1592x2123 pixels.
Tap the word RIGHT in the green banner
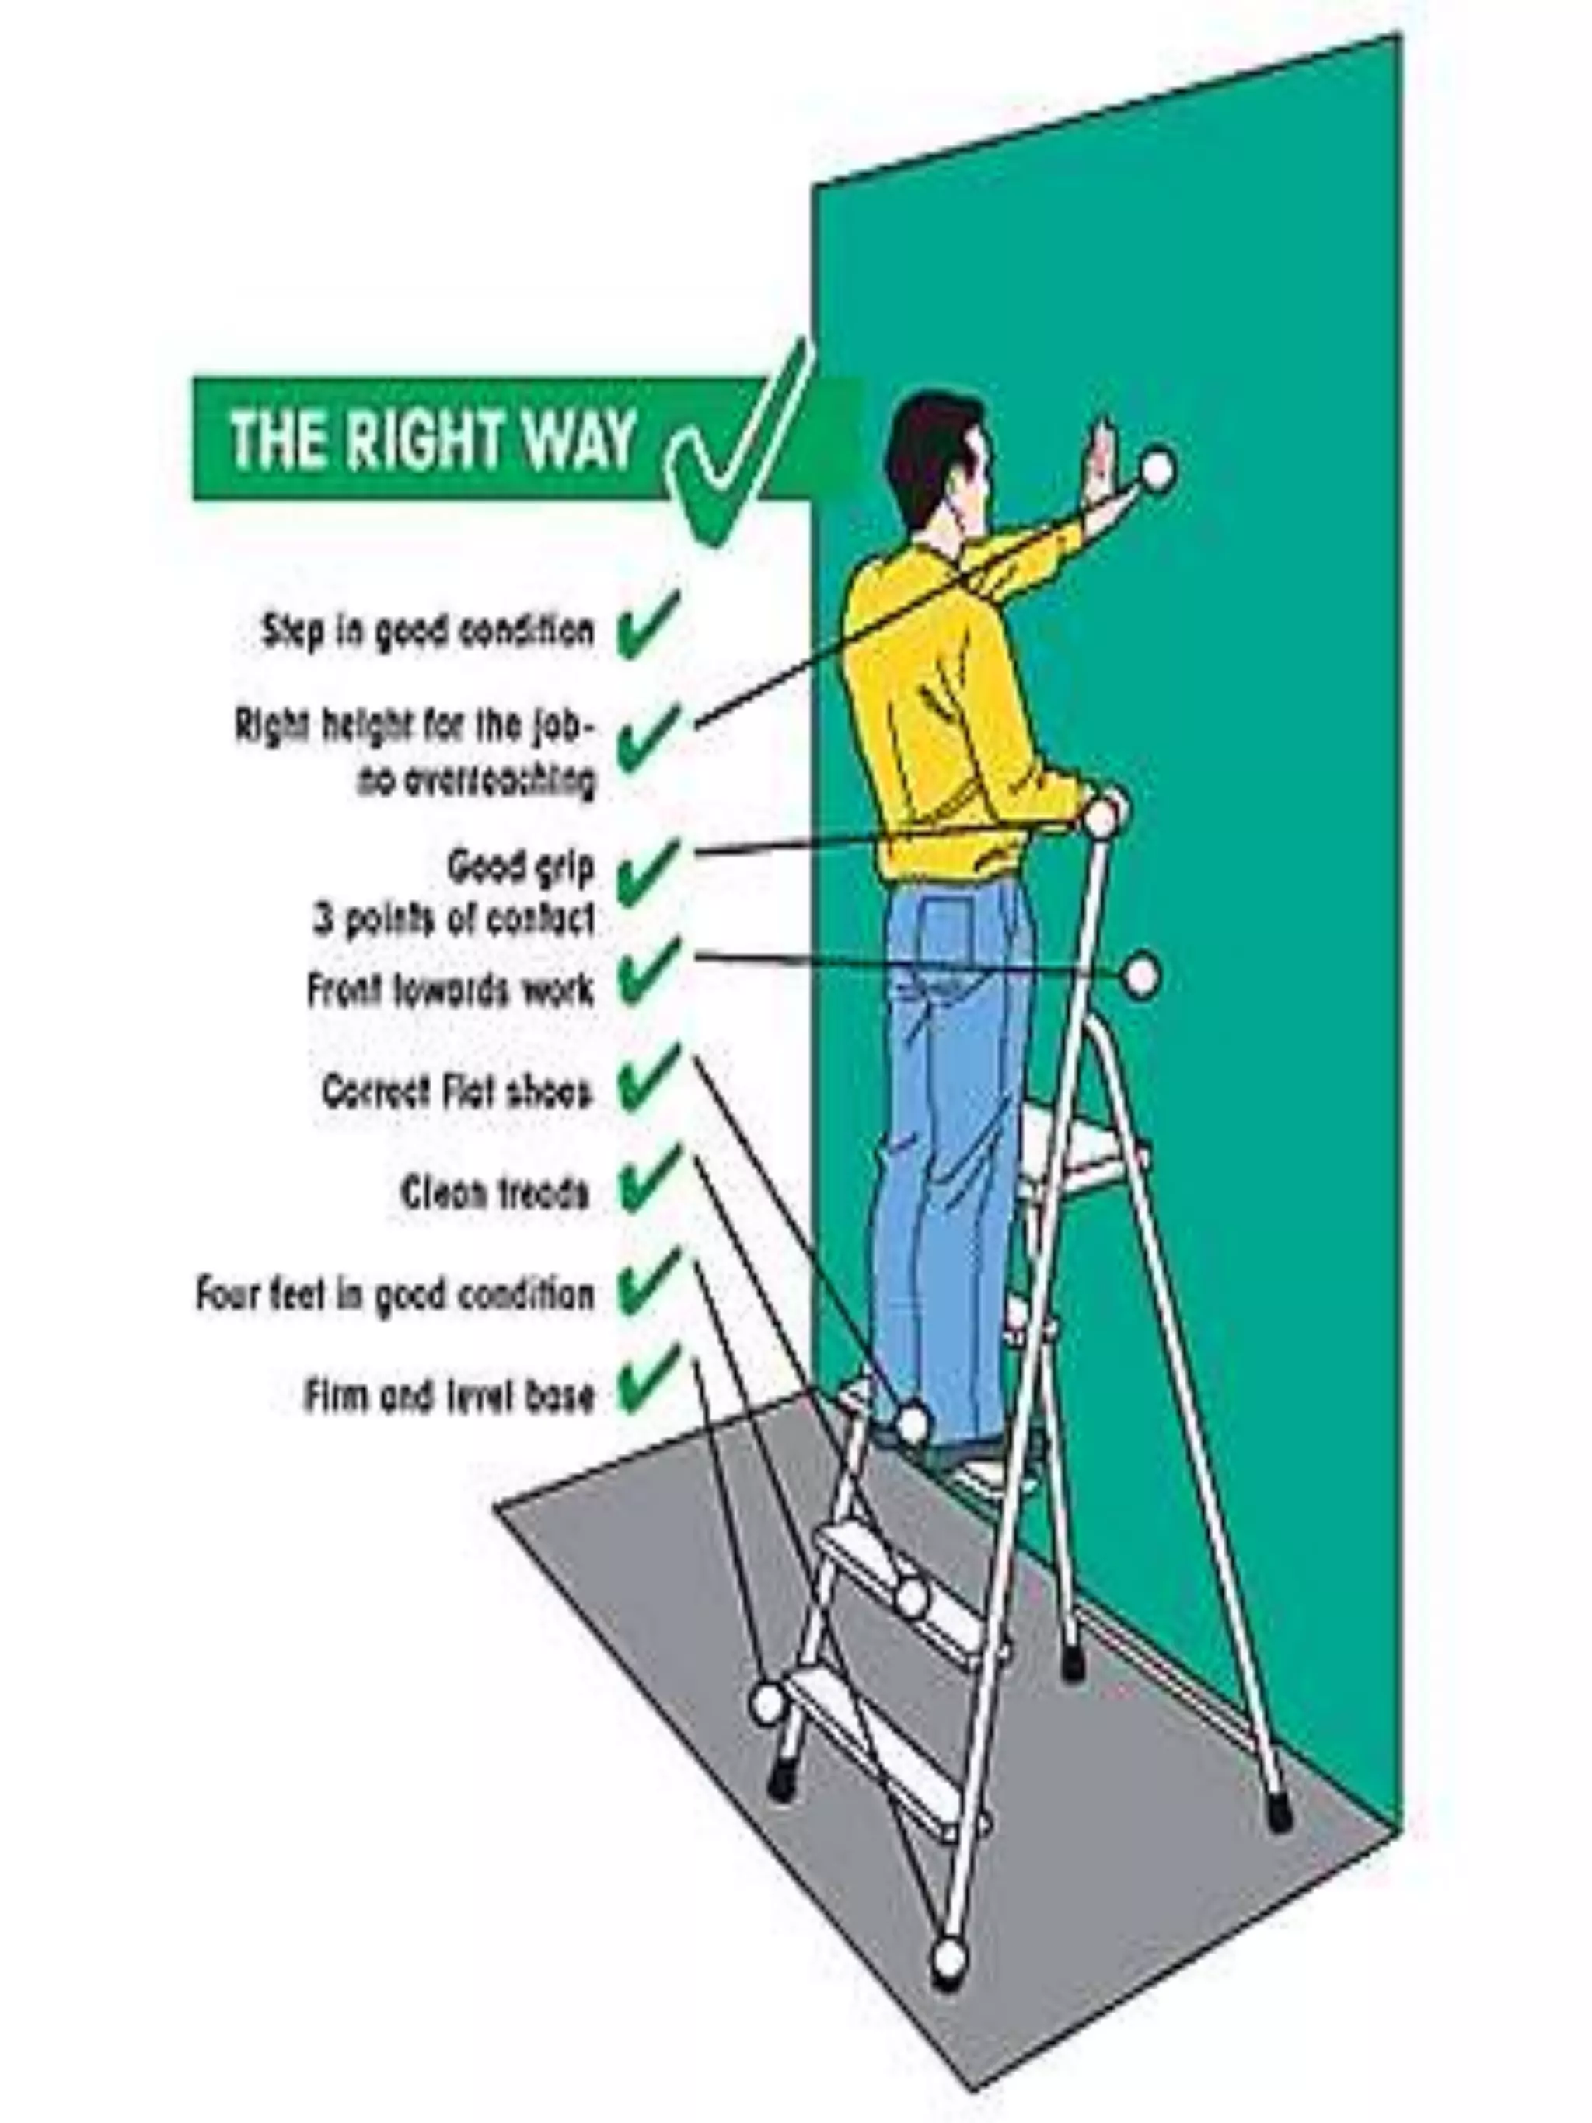(423, 439)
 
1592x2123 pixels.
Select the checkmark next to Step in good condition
(648, 625)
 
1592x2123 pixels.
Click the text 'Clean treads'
(494, 1193)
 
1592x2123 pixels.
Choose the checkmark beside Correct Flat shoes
(648, 1080)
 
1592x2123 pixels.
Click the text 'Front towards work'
(450, 989)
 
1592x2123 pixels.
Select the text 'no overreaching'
(476, 781)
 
